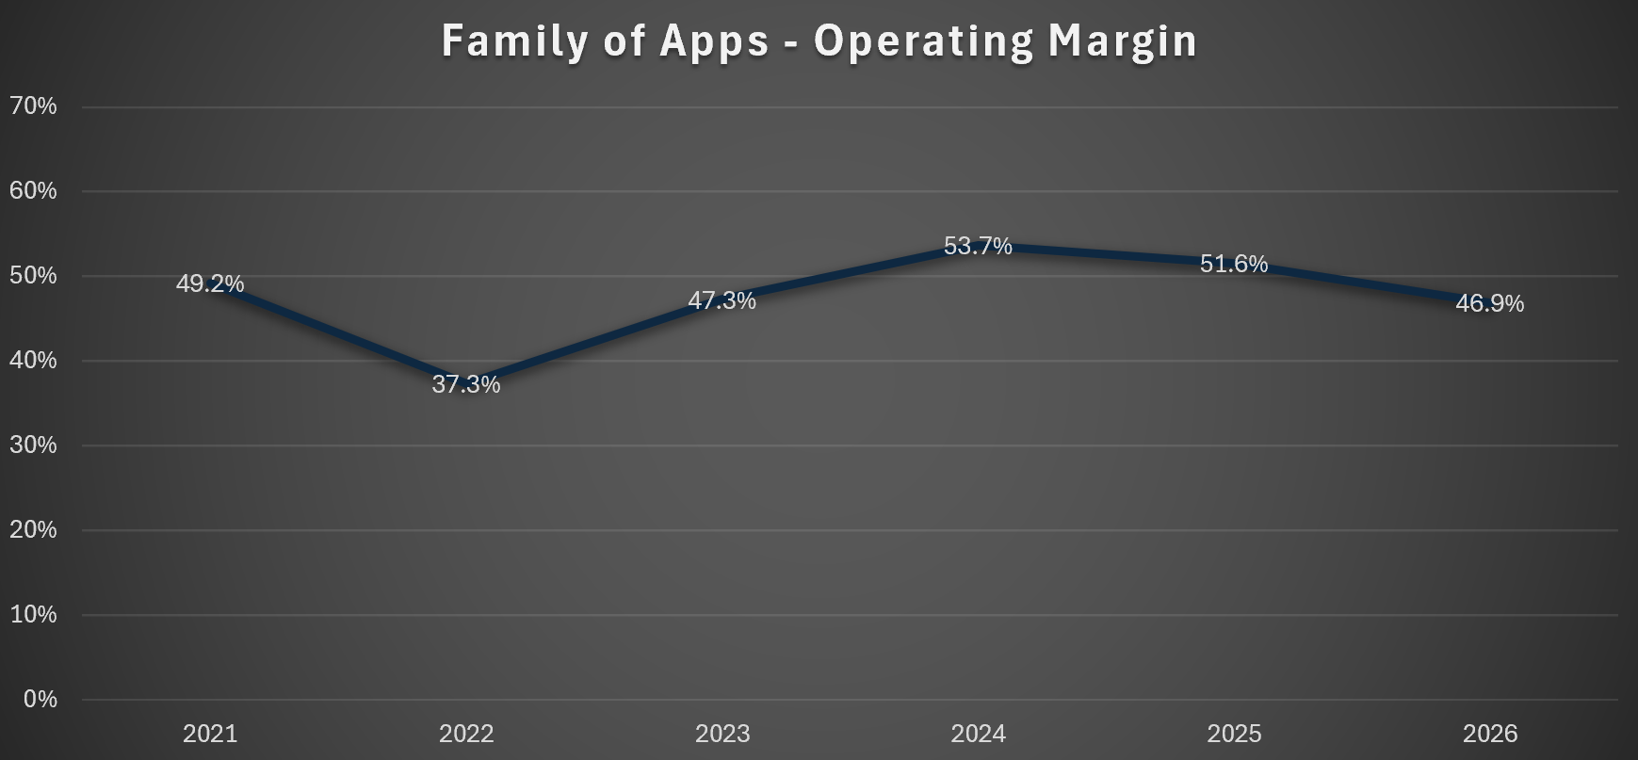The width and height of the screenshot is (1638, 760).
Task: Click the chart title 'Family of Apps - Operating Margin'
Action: (819, 41)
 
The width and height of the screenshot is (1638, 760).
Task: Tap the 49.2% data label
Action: (210, 283)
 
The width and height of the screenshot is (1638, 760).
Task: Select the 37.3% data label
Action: (466, 384)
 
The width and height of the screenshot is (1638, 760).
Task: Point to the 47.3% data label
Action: (722, 300)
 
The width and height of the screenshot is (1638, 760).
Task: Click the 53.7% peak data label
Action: (979, 246)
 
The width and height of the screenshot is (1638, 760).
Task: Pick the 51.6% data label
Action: (1234, 264)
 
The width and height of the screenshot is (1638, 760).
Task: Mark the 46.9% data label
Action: (1490, 303)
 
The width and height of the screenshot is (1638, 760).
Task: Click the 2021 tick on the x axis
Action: (210, 734)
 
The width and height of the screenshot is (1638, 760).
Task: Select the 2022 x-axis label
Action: (466, 734)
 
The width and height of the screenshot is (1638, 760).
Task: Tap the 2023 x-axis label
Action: (722, 734)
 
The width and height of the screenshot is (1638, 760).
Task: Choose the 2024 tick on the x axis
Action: (979, 734)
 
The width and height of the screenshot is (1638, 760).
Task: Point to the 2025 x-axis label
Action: (1234, 734)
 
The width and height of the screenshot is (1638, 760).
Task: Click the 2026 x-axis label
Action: (1490, 734)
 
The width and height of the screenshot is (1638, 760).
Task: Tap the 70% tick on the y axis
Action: (33, 106)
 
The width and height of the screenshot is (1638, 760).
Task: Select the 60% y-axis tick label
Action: (33, 191)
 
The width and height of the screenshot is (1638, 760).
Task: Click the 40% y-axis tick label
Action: (33, 361)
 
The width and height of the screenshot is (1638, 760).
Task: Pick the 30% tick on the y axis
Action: (33, 445)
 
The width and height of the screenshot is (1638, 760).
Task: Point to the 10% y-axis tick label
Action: (33, 615)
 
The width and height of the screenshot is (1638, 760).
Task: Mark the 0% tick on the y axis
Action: (41, 700)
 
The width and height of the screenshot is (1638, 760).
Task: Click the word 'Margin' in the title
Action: (1122, 43)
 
